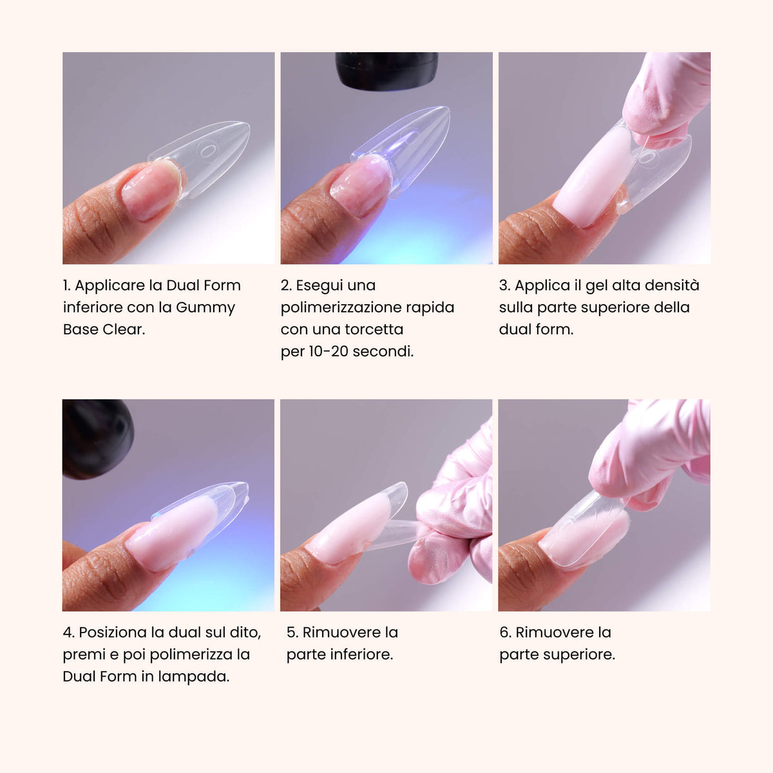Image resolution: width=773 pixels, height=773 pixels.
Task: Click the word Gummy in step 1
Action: pyautogui.click(x=205, y=308)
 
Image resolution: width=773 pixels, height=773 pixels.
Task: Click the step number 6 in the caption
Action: pyautogui.click(x=505, y=633)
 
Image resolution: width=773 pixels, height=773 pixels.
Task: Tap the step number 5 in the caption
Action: pyautogui.click(x=292, y=633)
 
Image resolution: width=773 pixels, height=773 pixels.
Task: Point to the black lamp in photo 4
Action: pyautogui.click(x=97, y=439)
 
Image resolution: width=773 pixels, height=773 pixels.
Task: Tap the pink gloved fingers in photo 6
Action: pyautogui.click(x=651, y=453)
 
